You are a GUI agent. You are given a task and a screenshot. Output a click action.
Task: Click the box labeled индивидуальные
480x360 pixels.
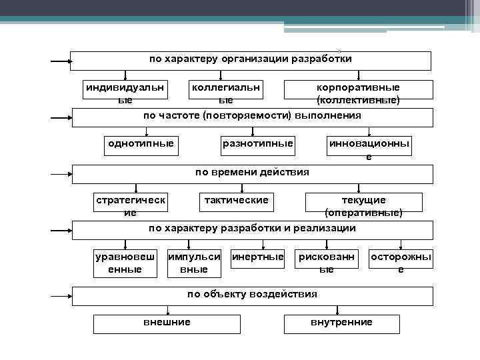tap(125, 93)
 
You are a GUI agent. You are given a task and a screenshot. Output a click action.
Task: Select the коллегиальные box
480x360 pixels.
tap(226, 93)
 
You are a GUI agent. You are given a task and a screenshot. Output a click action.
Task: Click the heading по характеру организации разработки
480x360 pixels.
tap(250, 59)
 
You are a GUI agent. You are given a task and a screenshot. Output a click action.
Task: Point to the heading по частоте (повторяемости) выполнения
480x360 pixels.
tap(252, 116)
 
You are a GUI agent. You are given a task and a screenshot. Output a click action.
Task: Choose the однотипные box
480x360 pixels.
tap(141, 144)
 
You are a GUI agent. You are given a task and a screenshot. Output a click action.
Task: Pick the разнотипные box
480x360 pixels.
tap(257, 144)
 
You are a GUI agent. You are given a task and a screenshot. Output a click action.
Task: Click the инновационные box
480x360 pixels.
tap(369, 149)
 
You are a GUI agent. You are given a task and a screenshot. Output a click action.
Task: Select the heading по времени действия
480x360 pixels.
tap(252, 173)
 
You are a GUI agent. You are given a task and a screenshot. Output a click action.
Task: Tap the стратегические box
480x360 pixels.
tap(131, 206)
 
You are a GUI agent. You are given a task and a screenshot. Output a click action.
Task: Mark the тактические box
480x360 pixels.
tap(236, 201)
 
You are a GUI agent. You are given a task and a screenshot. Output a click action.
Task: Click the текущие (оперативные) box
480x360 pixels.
tap(363, 206)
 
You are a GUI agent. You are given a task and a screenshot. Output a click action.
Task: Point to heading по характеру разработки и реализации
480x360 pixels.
tap(252, 229)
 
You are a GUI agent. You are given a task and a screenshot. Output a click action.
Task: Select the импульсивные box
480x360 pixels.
tap(194, 263)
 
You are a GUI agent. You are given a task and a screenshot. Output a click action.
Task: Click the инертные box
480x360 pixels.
tap(257, 257)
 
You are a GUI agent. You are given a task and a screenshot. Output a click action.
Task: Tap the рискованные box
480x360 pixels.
tap(327, 263)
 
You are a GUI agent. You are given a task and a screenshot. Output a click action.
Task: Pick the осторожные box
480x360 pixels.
tap(401, 263)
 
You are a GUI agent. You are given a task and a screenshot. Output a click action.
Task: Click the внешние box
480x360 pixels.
tap(167, 323)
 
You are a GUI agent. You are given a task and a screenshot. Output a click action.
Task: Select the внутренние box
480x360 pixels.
tap(341, 323)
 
